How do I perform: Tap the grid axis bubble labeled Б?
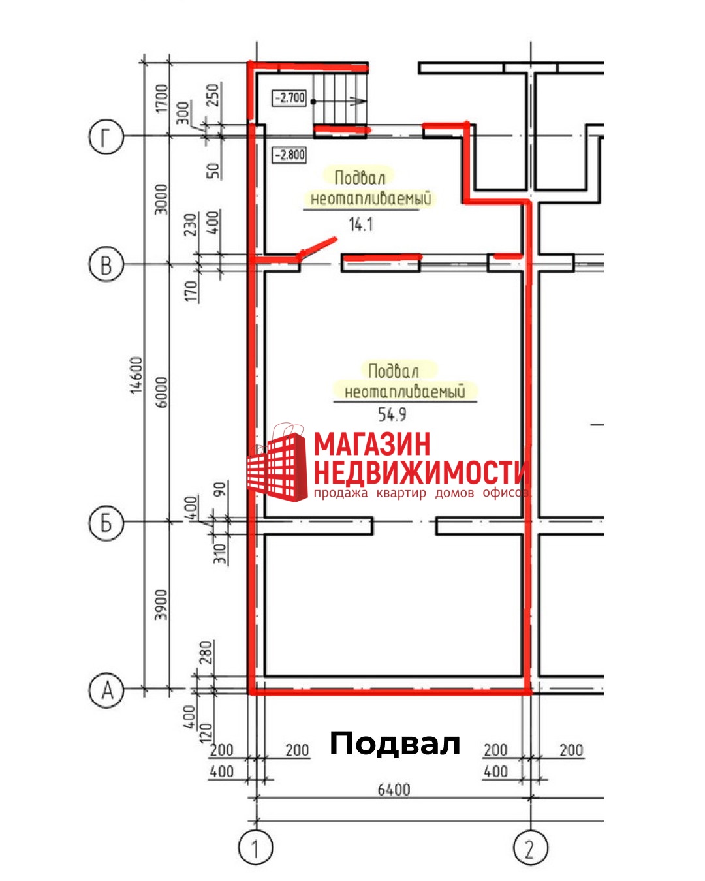coord(106,523)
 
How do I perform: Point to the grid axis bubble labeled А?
coord(106,689)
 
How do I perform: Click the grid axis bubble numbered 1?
coord(255,848)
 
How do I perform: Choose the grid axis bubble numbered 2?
coord(530,848)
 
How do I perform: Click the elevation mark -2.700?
coord(289,98)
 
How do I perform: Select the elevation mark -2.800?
coord(289,155)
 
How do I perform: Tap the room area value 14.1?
coord(361,225)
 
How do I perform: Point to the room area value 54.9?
coord(392,414)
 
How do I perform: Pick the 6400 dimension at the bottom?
coord(394,790)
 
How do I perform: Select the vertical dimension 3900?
coord(161,604)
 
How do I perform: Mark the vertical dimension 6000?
coord(161,392)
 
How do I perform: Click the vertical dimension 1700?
coord(161,98)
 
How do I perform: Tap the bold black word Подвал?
coord(395,743)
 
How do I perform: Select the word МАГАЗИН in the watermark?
coord(373,444)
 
